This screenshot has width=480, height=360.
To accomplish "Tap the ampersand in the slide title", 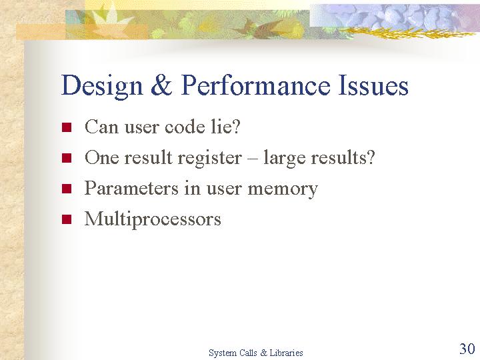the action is pyautogui.click(x=161, y=85).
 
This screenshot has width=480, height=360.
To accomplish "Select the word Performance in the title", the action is pyautogui.click(x=255, y=85).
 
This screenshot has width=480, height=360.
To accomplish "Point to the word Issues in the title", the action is pyautogui.click(x=373, y=85).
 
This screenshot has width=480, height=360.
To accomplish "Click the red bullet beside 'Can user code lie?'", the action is pyautogui.click(x=67, y=127).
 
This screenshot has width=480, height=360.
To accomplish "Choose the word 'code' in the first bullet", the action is pyautogui.click(x=184, y=126).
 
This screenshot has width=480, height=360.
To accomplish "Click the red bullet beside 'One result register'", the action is pyautogui.click(x=67, y=158).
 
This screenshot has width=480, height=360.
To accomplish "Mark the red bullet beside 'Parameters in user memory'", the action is pyautogui.click(x=67, y=189).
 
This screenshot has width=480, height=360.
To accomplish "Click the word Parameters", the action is pyautogui.click(x=131, y=188).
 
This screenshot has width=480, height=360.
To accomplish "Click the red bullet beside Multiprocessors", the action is pyautogui.click(x=67, y=219).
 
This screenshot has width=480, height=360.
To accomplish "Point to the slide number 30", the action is pyautogui.click(x=467, y=349).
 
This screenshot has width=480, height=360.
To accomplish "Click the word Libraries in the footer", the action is pyautogui.click(x=286, y=353).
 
